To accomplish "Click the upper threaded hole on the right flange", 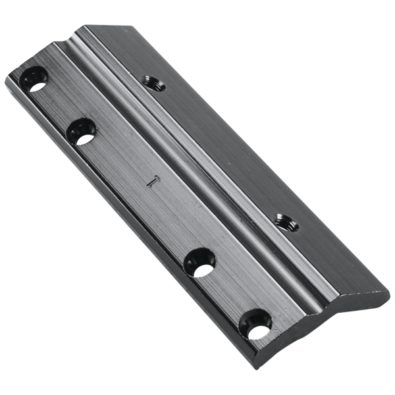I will (x=153, y=82).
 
